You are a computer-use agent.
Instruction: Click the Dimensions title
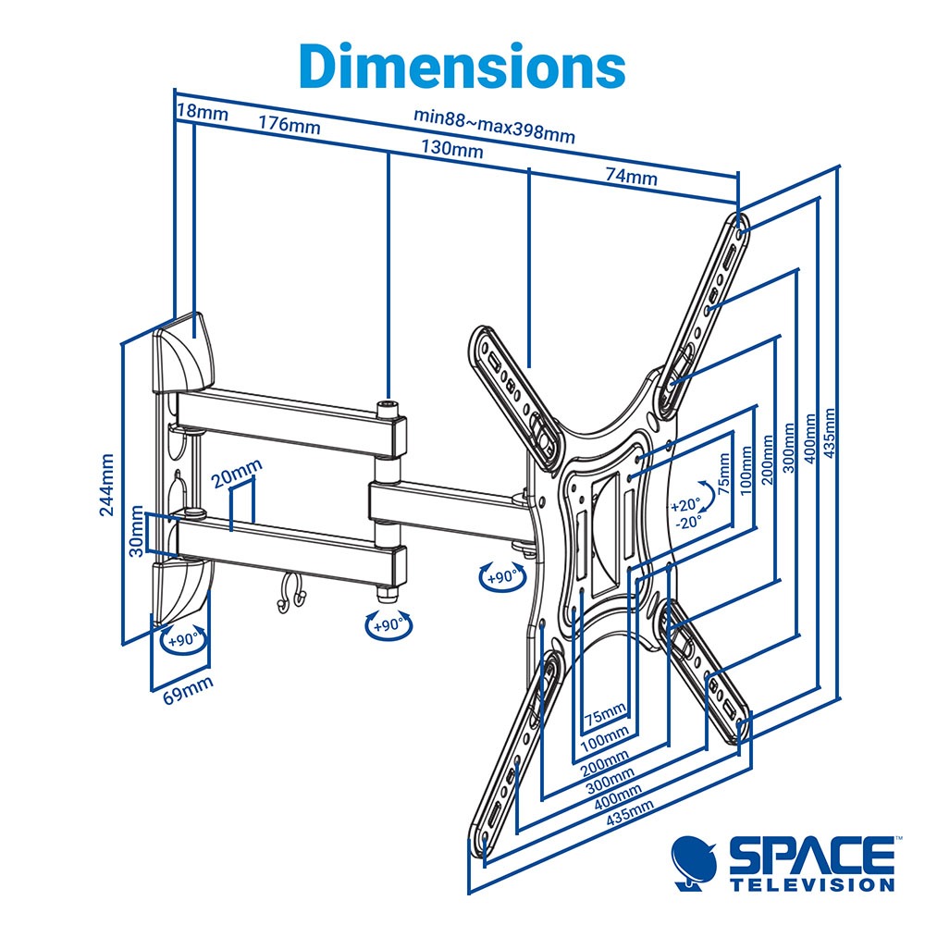462,65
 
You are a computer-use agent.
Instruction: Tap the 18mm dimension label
203,112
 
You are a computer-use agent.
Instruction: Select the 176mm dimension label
289,124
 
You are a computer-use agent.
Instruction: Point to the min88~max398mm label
494,125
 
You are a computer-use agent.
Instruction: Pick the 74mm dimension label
631,175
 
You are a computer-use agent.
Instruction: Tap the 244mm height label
106,485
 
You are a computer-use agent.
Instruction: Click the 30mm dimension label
136,531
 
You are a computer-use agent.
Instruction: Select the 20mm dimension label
237,473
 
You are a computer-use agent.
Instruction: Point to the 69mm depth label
188,690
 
